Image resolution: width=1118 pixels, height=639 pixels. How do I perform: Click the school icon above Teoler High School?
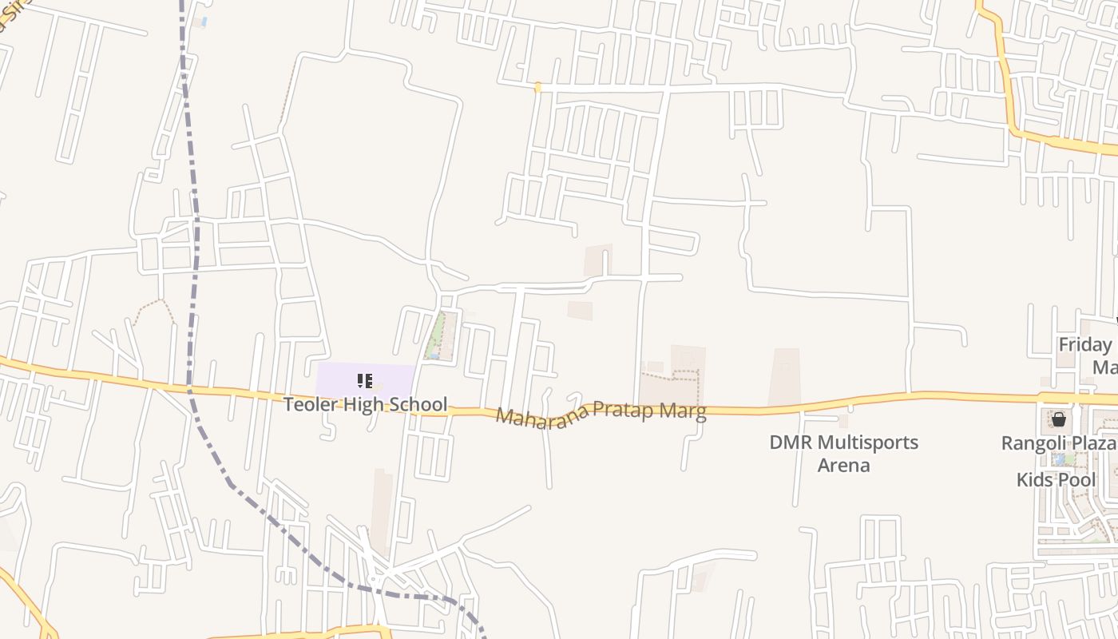[x=365, y=381]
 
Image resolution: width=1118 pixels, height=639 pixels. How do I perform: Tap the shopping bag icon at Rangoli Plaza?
[x=1059, y=419]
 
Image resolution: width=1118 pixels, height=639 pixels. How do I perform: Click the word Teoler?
[x=312, y=404]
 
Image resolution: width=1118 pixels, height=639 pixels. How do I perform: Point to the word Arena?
[x=843, y=465]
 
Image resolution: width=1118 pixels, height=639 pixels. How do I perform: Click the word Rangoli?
[x=1033, y=443]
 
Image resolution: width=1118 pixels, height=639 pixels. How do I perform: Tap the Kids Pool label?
[x=1056, y=480]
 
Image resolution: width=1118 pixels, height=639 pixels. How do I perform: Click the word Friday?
[x=1084, y=345]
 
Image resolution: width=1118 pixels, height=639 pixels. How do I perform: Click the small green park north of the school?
[x=437, y=335]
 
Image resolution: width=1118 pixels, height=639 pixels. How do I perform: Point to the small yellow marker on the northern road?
[x=537, y=87]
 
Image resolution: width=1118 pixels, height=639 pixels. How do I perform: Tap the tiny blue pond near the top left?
[x=204, y=22]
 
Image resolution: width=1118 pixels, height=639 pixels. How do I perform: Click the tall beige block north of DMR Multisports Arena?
[x=785, y=376]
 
